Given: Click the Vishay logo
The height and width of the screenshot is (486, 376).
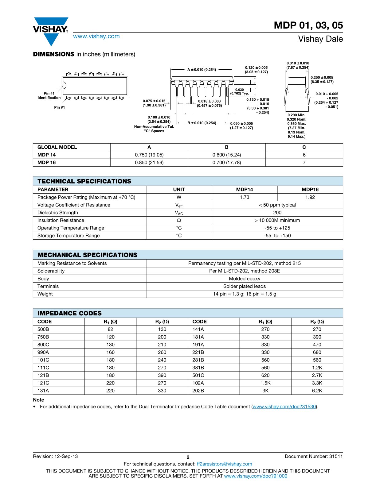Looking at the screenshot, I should [51, 31].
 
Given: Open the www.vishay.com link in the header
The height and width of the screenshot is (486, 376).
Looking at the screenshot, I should [96, 36].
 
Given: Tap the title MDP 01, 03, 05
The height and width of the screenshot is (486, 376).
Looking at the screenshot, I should [308, 25].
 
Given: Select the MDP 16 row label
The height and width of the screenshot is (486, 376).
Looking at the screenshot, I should [47, 163].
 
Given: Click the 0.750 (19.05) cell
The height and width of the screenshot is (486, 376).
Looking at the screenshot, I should [149, 155].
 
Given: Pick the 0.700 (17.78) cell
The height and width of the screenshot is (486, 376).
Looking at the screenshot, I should [227, 163].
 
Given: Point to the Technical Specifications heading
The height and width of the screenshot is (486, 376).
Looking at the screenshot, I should [84, 181].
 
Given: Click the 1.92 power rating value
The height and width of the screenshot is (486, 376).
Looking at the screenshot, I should [310, 197].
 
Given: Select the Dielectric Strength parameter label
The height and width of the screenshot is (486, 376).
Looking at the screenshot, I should [58, 213].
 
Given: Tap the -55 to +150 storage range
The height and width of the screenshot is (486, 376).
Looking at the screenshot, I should [277, 236].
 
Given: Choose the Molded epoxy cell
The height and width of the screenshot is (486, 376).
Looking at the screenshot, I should [245, 279].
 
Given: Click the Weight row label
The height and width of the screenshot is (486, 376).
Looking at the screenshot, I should [45, 294].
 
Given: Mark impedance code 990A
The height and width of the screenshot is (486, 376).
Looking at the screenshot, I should [43, 352].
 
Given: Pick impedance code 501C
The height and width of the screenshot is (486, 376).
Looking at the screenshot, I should [198, 375].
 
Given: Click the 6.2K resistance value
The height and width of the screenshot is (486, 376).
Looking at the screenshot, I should [317, 391].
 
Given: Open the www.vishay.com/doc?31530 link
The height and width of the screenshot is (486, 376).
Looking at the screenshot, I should [284, 407].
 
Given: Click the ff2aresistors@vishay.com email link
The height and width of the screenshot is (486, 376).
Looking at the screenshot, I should [224, 464].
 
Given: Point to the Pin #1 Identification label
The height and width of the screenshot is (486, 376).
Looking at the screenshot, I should [49, 95].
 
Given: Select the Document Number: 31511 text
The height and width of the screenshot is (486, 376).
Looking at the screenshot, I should [314, 456].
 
